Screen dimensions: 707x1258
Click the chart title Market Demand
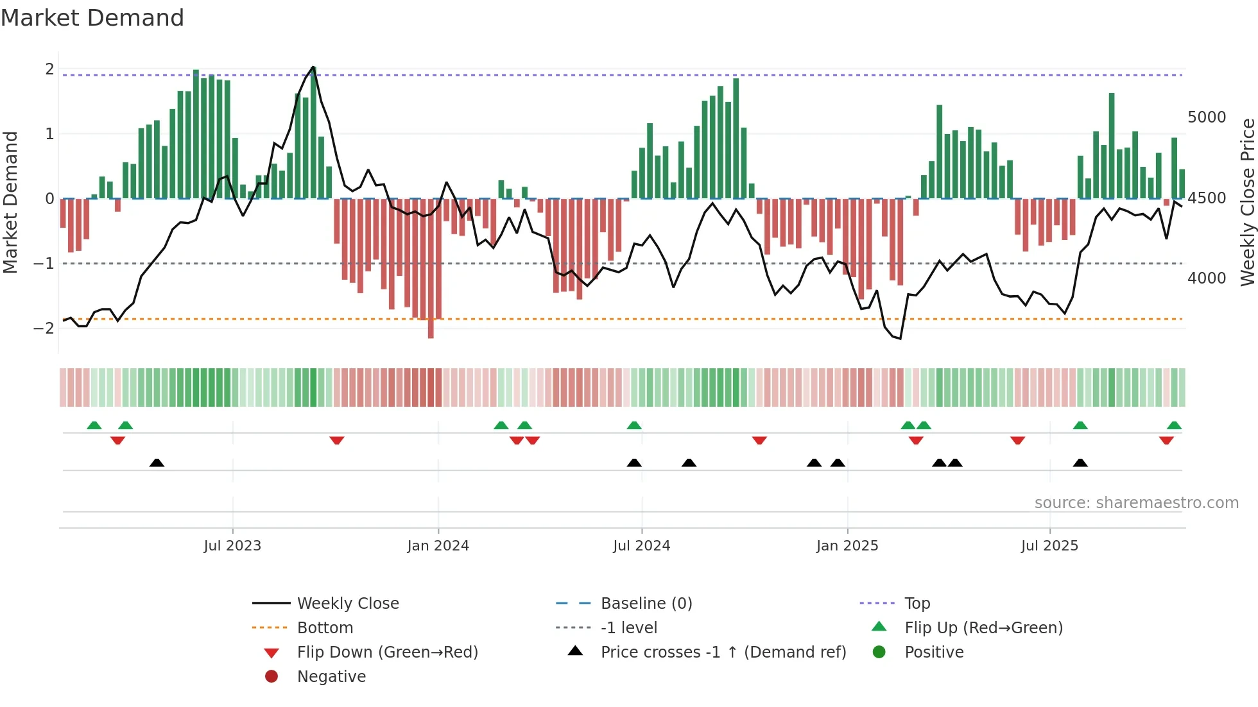(x=92, y=18)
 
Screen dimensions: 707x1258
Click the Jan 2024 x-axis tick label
(x=438, y=546)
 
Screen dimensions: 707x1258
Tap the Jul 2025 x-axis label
(x=1049, y=546)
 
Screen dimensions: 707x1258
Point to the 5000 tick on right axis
(x=1206, y=117)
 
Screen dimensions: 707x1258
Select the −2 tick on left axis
(x=44, y=328)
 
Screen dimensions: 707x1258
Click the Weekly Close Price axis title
(x=1246, y=202)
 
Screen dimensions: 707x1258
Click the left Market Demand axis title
(x=10, y=202)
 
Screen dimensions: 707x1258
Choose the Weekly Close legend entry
(x=347, y=603)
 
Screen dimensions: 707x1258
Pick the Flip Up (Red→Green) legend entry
(x=983, y=627)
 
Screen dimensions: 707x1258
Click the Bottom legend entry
(x=325, y=627)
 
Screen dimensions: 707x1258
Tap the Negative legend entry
(x=331, y=676)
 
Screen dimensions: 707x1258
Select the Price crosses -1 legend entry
(x=723, y=652)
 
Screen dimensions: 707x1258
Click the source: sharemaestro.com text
(x=1136, y=503)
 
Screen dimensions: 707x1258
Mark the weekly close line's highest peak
(x=313, y=67)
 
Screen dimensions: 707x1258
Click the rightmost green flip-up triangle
(x=1174, y=425)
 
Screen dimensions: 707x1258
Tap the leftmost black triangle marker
(x=157, y=463)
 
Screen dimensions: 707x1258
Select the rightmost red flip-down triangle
(x=1166, y=440)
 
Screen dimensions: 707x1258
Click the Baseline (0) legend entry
(x=646, y=603)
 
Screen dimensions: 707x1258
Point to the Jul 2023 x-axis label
(x=232, y=546)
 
